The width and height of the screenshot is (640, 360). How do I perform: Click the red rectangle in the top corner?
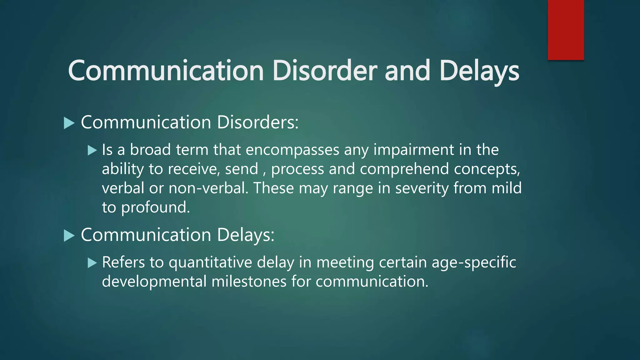coord(566,30)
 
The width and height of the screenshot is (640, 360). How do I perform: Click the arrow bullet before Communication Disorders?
coord(69,123)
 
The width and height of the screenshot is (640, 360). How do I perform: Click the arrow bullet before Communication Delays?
coord(69,235)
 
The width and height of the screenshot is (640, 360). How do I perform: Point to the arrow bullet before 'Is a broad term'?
coord(92,150)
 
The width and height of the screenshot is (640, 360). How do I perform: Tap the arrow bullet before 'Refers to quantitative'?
coord(92,263)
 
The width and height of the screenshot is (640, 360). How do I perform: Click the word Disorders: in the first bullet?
coord(257,122)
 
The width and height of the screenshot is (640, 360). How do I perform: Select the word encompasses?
coord(292,150)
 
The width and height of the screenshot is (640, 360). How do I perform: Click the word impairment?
coord(414,150)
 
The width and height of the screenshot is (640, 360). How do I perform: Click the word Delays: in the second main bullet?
coord(245,235)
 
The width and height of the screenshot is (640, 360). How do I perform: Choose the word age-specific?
coord(474,262)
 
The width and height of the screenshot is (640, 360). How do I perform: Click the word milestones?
coord(249,282)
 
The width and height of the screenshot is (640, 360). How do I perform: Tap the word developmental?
coord(154,282)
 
